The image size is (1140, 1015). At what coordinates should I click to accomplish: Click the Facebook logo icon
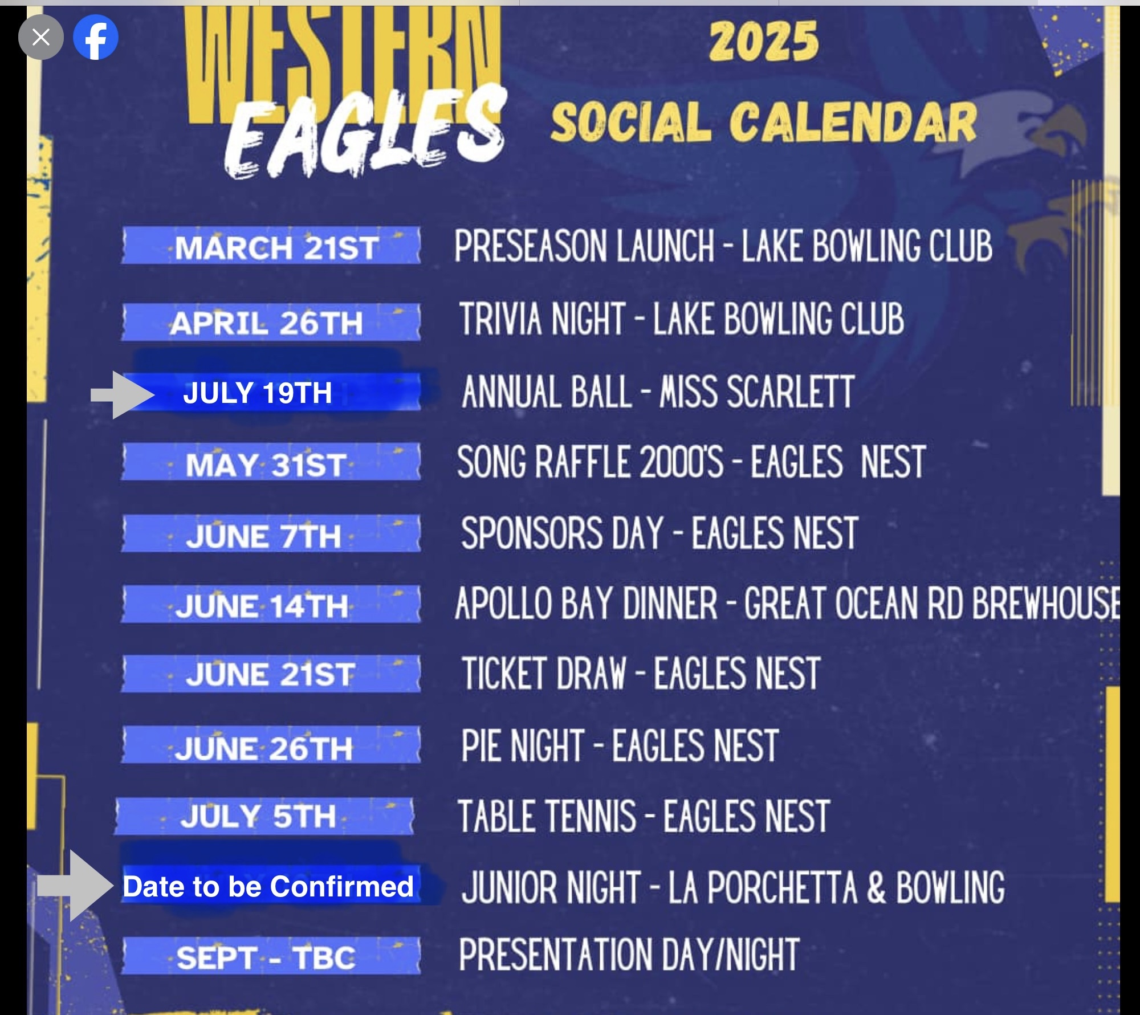click(x=96, y=38)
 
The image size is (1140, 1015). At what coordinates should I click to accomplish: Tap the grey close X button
click(x=41, y=38)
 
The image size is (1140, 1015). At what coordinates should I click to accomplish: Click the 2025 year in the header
click(x=764, y=41)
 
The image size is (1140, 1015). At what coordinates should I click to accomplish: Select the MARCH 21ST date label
click(x=276, y=248)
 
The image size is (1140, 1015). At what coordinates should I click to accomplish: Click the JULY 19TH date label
click(x=257, y=393)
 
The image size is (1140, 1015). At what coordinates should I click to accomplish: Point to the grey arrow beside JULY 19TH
click(x=123, y=395)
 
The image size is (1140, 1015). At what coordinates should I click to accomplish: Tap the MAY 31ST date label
click(x=266, y=465)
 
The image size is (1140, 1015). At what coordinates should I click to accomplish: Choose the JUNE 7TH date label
click(x=263, y=536)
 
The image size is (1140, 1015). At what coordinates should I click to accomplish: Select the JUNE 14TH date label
click(x=262, y=606)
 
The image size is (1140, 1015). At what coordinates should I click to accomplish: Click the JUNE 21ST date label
click(x=270, y=675)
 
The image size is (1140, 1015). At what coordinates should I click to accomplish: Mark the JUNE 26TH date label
click(x=264, y=748)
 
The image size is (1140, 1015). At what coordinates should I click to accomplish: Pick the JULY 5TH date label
click(x=258, y=816)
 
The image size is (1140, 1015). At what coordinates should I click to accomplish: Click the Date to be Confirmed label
click(x=268, y=887)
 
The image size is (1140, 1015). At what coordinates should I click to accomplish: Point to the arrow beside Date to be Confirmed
click(x=76, y=886)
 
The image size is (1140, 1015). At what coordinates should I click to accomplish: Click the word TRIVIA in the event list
click(x=500, y=319)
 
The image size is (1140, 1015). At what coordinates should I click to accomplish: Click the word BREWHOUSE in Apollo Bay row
click(x=1046, y=603)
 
